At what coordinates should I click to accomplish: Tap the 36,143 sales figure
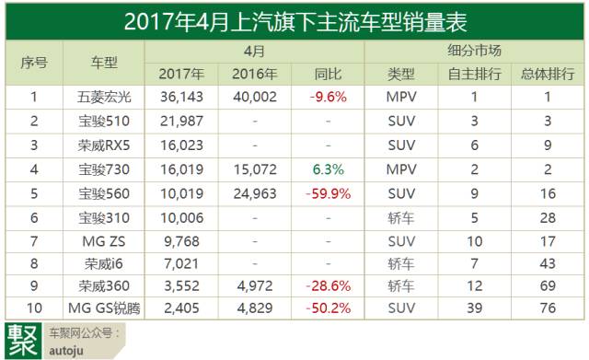pyautogui.click(x=180, y=96)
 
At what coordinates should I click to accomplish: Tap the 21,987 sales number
pyautogui.click(x=180, y=121)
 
